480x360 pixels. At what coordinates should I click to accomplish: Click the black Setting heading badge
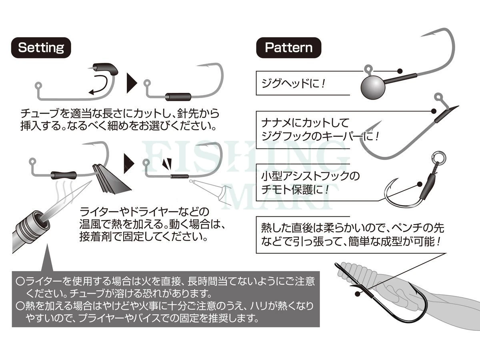(x=41, y=48)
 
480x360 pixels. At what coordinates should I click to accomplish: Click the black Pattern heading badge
(x=289, y=48)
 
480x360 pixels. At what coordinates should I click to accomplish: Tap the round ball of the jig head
(x=373, y=88)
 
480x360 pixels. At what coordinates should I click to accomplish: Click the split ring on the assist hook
(x=439, y=157)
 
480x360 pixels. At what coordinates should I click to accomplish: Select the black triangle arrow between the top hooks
(x=132, y=83)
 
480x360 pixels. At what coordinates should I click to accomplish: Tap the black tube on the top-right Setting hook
(x=178, y=97)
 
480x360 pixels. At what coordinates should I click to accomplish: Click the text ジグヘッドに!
(x=294, y=84)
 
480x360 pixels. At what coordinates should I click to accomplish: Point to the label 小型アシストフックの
(x=310, y=176)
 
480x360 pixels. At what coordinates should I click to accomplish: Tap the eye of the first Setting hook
(x=38, y=85)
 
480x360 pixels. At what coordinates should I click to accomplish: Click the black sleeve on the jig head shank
(x=400, y=79)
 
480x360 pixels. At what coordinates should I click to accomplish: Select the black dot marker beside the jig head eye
(x=400, y=71)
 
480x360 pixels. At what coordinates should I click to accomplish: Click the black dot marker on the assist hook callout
(x=420, y=184)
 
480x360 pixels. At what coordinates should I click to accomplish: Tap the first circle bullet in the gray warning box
(x=20, y=281)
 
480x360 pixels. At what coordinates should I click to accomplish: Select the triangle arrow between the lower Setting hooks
(x=129, y=164)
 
